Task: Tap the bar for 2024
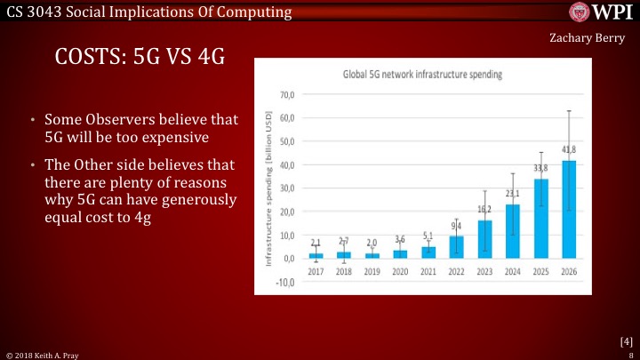513,231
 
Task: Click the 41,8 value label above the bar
568,150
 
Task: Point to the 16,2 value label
484,210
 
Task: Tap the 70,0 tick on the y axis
287,94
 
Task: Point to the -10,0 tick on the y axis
285,283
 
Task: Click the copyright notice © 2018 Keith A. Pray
43,354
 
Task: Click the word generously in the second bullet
199,199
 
